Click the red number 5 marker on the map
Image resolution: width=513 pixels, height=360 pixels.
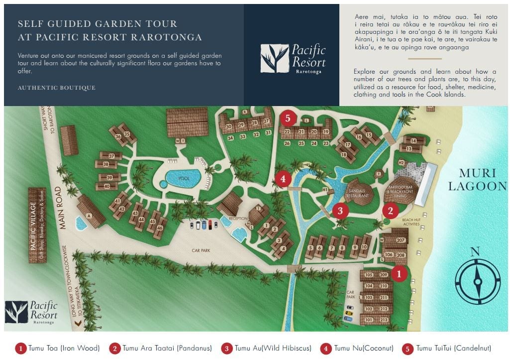click(x=288, y=119)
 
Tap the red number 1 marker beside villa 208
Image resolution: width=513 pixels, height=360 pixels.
click(x=399, y=273)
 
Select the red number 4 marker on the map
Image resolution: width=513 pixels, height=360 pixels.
click(x=283, y=179)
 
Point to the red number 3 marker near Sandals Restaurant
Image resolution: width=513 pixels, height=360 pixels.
click(x=340, y=211)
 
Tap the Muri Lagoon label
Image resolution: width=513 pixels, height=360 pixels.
click(x=477, y=180)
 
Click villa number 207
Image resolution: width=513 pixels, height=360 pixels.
click(x=401, y=240)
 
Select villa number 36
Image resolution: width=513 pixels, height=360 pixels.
click(x=118, y=136)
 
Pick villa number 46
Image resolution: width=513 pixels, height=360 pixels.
click(x=159, y=229)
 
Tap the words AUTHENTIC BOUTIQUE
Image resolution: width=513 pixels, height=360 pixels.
click(x=56, y=88)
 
